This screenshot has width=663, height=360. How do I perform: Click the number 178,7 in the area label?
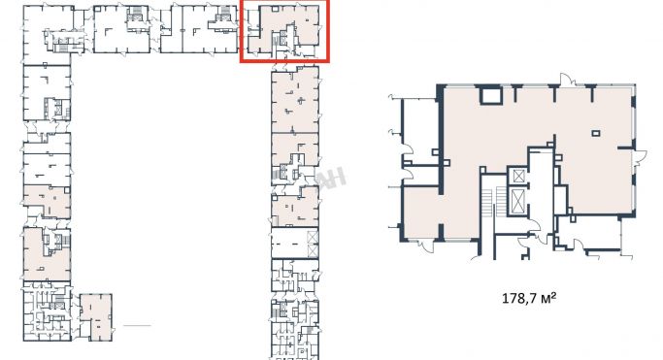coord(519,299)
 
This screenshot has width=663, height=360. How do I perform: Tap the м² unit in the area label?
coord(548,298)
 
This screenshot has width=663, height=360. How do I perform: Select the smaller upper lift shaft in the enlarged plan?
coord(518,176)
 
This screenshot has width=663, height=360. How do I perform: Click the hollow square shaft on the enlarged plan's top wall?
coord(491,95)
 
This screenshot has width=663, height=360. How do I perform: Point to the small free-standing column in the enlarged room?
coord(596,134)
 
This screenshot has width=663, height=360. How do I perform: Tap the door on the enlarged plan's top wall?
coord(567,80)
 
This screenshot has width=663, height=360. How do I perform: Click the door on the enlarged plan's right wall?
coord(640,156)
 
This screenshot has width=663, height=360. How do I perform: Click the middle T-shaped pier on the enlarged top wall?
coord(553,92)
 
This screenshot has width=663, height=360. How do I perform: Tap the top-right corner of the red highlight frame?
coord(328,1)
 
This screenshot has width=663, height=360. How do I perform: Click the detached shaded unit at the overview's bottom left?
coord(96,317)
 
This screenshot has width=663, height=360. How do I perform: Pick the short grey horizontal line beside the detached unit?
coord(137,325)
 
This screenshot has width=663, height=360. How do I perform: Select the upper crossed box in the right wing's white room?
coord(313,238)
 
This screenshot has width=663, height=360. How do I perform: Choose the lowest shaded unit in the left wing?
coord(47,254)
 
